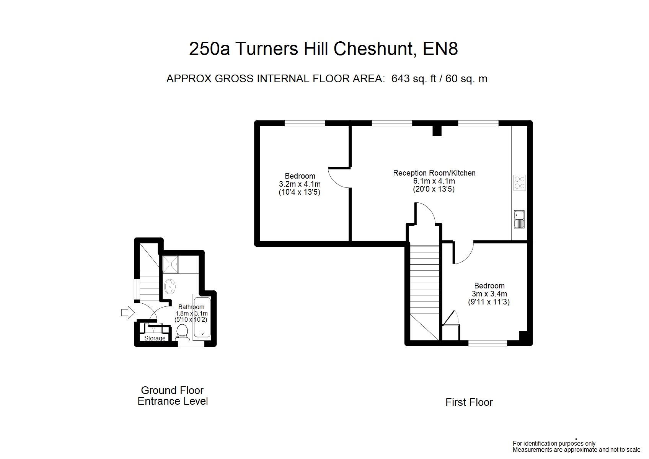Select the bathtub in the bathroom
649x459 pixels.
coord(202,317)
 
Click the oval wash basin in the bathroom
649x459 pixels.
coord(170,285)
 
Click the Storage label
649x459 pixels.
coord(155,338)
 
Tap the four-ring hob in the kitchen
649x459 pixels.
coord(519,182)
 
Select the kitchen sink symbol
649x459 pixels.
coord(519,219)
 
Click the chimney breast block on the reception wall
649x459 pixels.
coord(437,130)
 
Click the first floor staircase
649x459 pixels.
coord(424,291)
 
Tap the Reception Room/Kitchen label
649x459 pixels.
coord(434,173)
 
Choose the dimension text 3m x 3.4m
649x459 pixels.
coord(489,294)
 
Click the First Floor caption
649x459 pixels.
coord(469,402)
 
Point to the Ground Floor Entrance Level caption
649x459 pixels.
coord(173,396)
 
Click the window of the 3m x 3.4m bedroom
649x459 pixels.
coord(488,343)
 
